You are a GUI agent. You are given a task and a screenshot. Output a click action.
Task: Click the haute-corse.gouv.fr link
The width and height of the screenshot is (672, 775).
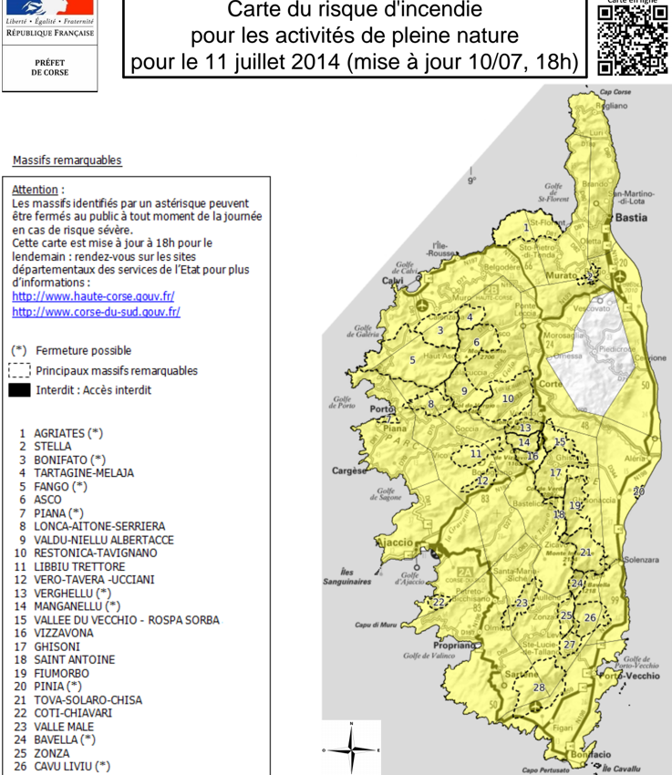[93, 296]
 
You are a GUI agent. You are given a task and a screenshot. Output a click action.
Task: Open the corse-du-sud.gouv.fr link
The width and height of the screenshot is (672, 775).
[96, 312]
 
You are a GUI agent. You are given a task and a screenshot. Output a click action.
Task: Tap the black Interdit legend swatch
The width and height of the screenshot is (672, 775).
[19, 390]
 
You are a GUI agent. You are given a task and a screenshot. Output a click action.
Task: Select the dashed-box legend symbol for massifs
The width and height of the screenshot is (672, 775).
[19, 370]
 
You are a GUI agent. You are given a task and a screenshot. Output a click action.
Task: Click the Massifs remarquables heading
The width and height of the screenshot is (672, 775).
[67, 160]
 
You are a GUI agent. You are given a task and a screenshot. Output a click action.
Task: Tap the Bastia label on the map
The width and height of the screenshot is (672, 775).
[632, 219]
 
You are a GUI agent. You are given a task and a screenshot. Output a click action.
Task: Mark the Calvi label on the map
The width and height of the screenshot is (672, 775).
[393, 281]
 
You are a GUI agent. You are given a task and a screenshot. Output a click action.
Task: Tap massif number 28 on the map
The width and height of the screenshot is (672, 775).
[539, 687]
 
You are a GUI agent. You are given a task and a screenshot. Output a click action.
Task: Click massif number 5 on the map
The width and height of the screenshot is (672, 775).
[412, 360]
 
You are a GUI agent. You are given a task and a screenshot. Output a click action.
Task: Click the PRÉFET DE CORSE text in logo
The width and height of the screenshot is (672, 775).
[49, 68]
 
